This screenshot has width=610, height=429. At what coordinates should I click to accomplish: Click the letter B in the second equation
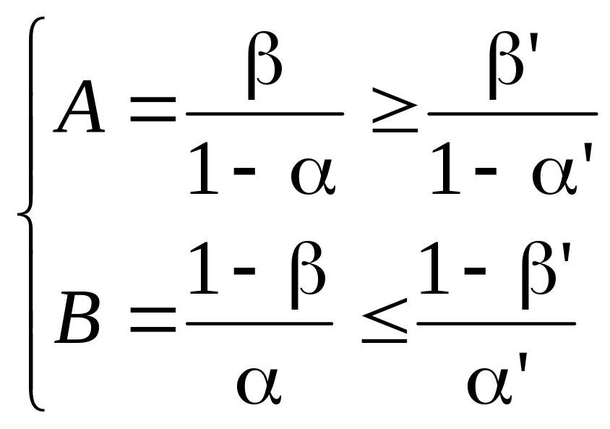(x=78, y=318)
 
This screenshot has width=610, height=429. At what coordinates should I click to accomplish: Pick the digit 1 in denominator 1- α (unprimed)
(x=203, y=170)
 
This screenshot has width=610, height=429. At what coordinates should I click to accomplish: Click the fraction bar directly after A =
(x=265, y=113)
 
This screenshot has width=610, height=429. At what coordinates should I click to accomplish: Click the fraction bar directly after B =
(x=259, y=323)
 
